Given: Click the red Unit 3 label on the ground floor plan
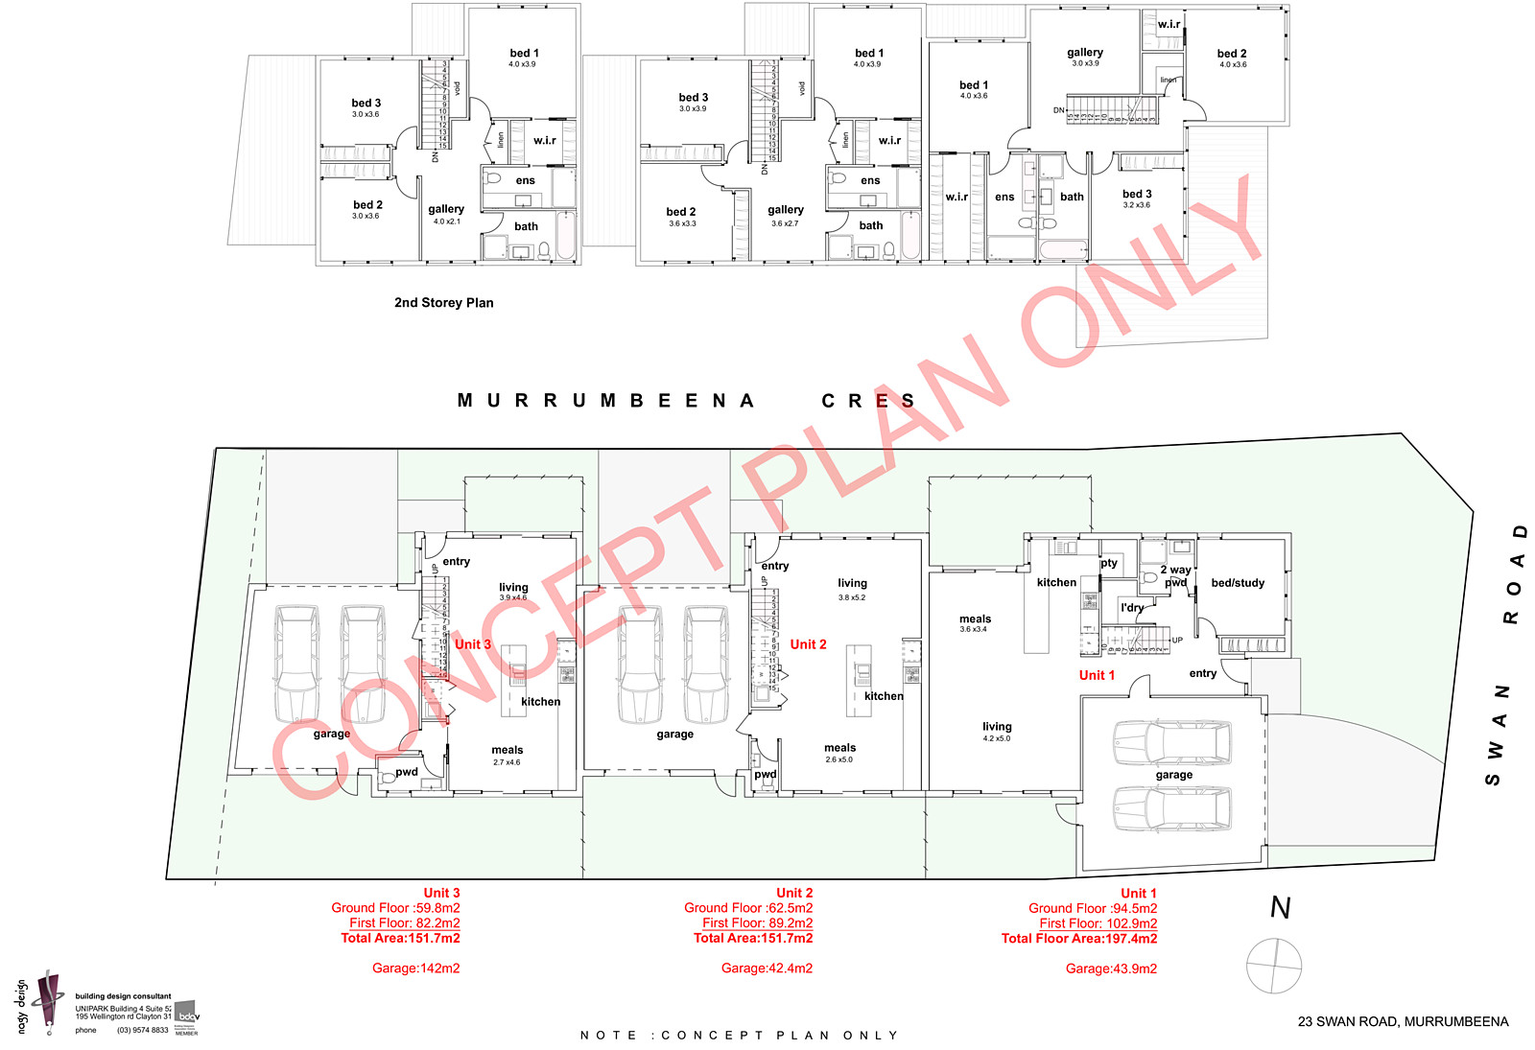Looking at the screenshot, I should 472,644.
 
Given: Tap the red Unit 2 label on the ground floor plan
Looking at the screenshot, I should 808,644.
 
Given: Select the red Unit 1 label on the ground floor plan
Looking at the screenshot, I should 1097,675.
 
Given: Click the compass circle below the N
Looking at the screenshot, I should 1274,966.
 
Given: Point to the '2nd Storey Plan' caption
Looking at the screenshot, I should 443,303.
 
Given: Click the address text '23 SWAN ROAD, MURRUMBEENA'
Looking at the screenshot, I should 1403,1022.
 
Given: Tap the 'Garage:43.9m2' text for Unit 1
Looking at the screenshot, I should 1111,969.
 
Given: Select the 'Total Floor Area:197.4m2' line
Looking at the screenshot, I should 1078,939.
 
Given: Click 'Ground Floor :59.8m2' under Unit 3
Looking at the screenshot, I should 395,908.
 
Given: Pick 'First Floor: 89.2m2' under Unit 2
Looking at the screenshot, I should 757,923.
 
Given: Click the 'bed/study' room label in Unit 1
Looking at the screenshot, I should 1238,583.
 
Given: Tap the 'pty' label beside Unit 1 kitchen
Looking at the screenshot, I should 1109,563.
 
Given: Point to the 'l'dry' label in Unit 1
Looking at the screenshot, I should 1132,608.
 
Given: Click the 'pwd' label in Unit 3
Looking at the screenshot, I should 407,772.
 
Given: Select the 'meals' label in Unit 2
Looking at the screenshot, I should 839,748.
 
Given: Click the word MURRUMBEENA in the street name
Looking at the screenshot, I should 605,401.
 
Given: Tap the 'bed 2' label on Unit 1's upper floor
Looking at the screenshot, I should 1232,54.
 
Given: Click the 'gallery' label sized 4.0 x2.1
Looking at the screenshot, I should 446,209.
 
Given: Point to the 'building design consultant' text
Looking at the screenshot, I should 123,996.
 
